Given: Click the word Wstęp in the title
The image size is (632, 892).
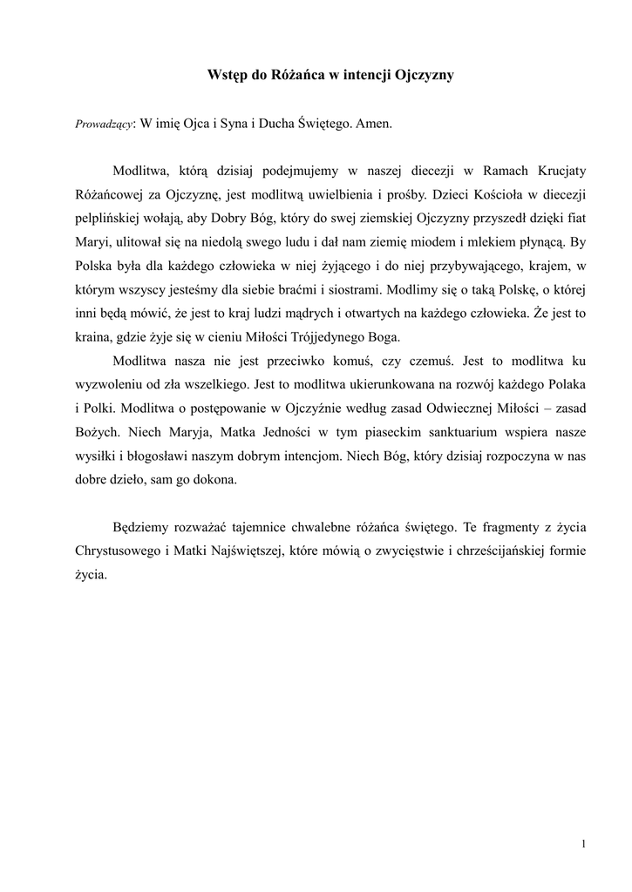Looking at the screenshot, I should (x=227, y=76).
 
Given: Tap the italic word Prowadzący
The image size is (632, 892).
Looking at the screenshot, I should (x=105, y=125).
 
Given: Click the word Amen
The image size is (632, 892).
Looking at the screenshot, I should (x=375, y=124).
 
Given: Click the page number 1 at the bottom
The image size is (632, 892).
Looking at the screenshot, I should (x=582, y=844).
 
